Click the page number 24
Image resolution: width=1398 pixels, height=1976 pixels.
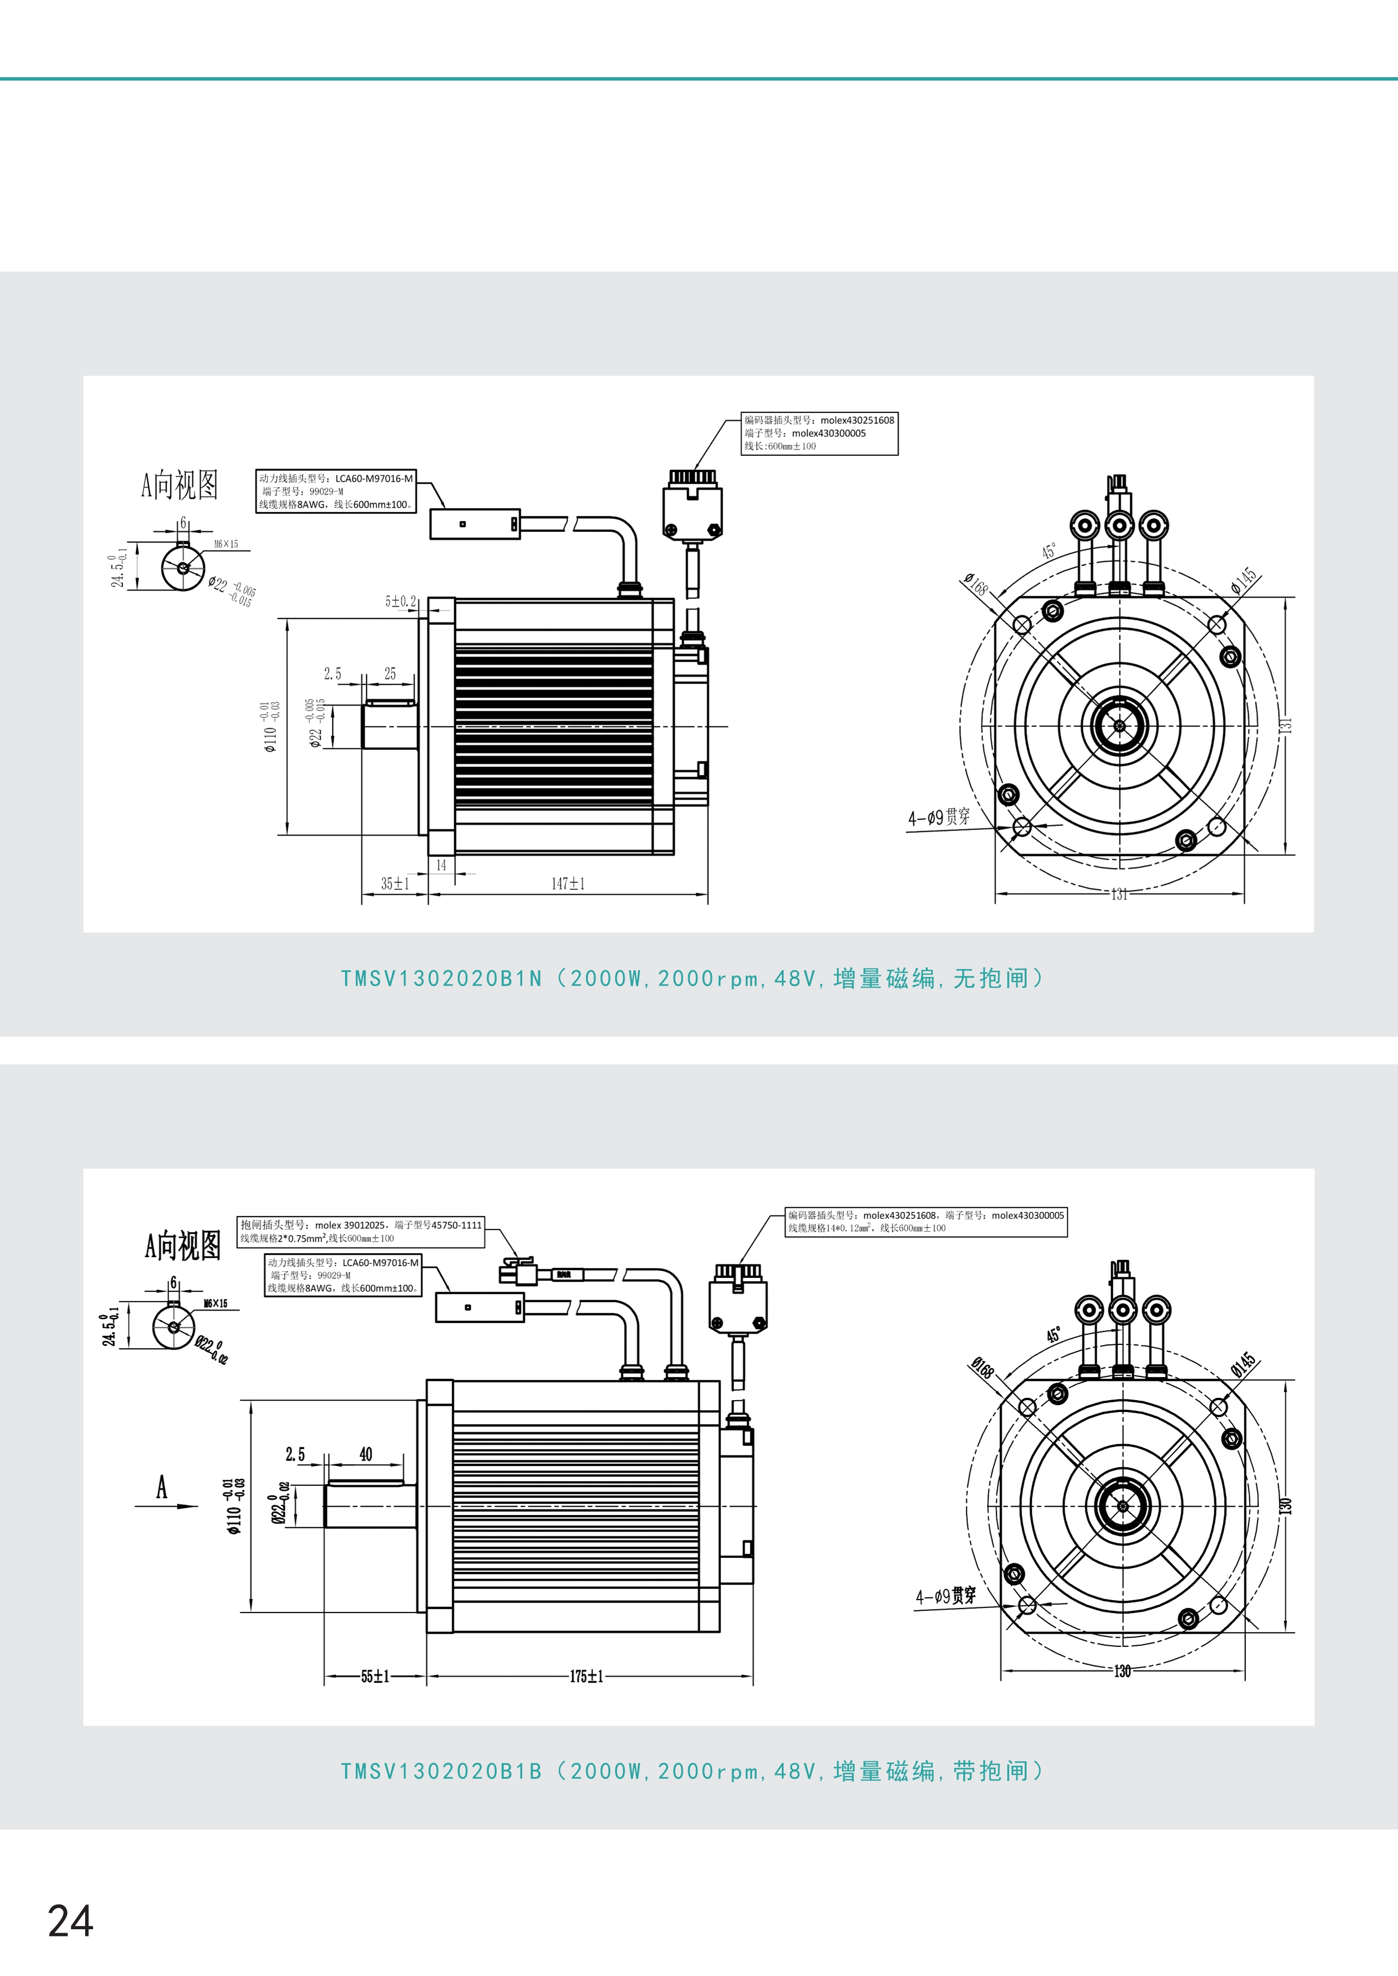pyautogui.click(x=70, y=1921)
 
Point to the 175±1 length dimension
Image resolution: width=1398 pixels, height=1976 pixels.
pyautogui.click(x=586, y=1676)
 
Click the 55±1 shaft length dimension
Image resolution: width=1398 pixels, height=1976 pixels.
pyautogui.click(x=375, y=1676)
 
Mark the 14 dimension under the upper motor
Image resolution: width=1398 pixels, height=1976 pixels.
pyautogui.click(x=441, y=865)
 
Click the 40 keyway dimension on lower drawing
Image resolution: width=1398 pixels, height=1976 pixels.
pyautogui.click(x=366, y=1454)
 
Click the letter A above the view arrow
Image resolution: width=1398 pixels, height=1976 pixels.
pyautogui.click(x=162, y=1486)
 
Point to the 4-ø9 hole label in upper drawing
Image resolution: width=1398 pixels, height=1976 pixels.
pyautogui.click(x=939, y=817)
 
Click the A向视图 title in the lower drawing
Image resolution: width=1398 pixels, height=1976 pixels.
pyautogui.click(x=183, y=1245)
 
